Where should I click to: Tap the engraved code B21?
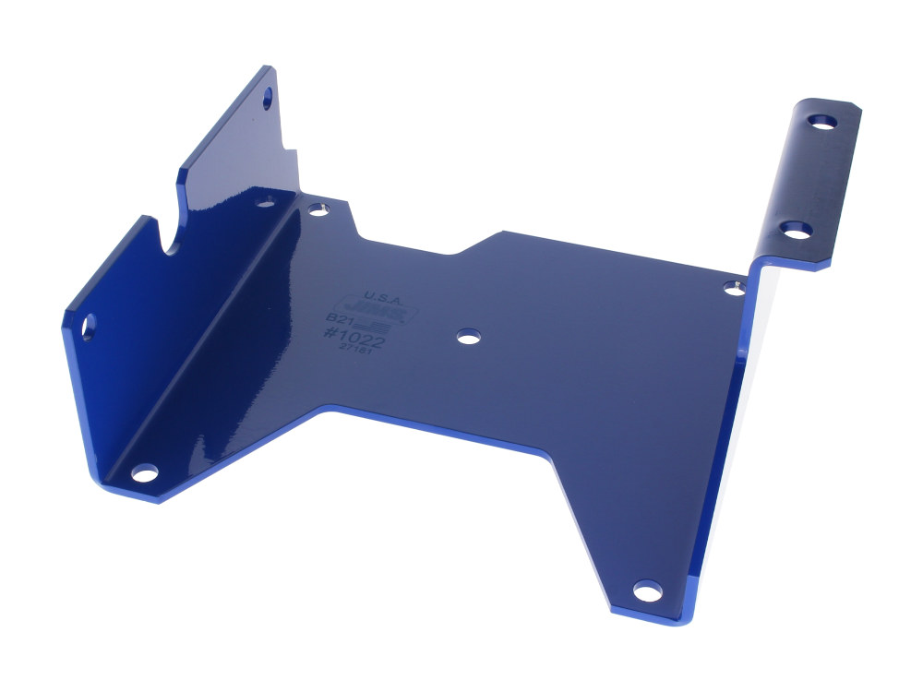click(x=339, y=319)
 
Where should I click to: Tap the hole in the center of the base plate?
click(x=469, y=338)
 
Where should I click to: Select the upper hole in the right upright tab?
click(x=821, y=121)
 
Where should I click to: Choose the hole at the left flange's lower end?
click(x=89, y=326)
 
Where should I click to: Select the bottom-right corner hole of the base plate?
click(x=647, y=590)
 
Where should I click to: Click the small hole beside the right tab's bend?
click(x=735, y=288)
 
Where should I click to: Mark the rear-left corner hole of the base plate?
click(x=318, y=209)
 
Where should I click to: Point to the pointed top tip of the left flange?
click(x=268, y=68)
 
